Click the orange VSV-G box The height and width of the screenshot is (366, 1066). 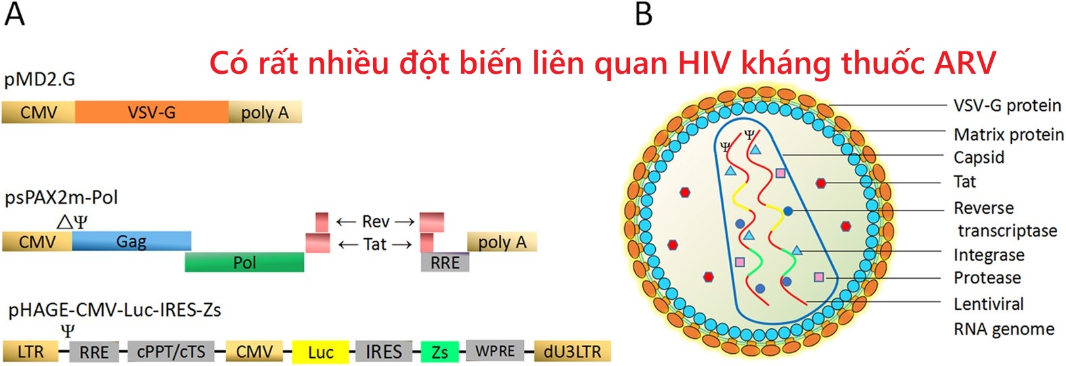[152, 112]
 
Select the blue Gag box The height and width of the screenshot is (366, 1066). [131, 241]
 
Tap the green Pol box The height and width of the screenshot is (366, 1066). [244, 262]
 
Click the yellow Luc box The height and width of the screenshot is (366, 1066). [320, 352]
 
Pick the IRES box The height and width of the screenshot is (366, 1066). [383, 351]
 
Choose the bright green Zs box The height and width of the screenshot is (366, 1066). [439, 352]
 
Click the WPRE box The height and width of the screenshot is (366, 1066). [495, 351]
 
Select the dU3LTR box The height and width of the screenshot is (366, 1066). [572, 351]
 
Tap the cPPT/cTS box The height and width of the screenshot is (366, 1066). [171, 351]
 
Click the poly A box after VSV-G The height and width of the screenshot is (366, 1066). [265, 112]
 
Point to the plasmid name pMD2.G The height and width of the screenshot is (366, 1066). [39, 80]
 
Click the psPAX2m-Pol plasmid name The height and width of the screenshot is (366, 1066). [61, 198]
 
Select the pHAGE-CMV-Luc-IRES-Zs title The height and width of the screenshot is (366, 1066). [114, 310]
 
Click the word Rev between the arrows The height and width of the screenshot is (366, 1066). [376, 222]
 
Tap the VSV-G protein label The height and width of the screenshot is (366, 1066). [1006, 106]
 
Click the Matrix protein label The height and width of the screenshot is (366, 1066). [1008, 135]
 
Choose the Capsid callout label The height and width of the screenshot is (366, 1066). [979, 158]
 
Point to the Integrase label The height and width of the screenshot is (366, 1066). [989, 255]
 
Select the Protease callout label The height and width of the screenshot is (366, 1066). [987, 278]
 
